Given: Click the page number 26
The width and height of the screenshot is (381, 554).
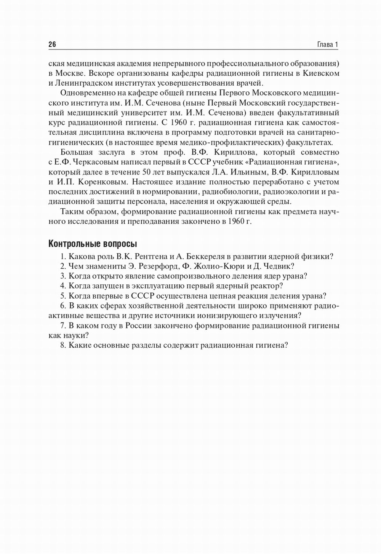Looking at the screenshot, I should pyautogui.click(x=52, y=45).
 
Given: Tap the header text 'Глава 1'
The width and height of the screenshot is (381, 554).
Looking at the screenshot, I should pyautogui.click(x=327, y=45).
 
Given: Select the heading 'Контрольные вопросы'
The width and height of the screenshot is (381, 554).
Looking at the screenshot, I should pyautogui.click(x=93, y=243).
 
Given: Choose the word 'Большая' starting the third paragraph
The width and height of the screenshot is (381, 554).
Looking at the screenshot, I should pyautogui.click(x=76, y=152).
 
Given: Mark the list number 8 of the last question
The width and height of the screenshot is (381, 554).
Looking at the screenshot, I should pyautogui.click(x=62, y=345).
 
